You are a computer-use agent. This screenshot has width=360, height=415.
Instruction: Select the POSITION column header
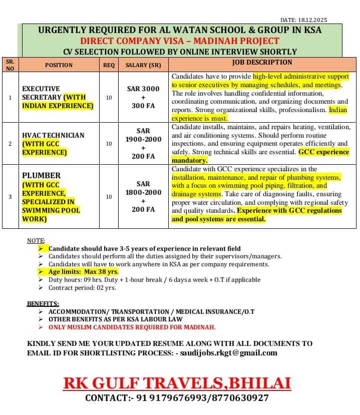tap(59, 65)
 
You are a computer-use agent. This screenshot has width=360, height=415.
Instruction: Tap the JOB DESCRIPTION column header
tap(262, 63)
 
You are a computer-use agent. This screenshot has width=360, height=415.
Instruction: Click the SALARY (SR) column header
tap(143, 65)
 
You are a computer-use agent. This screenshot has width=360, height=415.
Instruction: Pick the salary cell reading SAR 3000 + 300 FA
tap(143, 97)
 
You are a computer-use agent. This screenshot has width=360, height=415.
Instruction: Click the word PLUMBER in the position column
tap(41, 176)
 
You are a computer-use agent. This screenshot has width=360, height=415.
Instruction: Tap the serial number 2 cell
tap(10, 144)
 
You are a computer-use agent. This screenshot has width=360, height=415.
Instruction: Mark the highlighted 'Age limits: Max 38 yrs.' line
tap(83, 271)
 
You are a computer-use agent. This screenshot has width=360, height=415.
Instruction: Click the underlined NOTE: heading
tap(36, 241)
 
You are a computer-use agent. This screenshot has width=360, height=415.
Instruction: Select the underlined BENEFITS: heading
tap(43, 303)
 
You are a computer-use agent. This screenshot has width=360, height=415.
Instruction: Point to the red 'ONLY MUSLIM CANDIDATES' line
tap(132, 327)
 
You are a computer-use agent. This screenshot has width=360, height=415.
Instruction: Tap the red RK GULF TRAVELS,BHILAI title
tap(177, 383)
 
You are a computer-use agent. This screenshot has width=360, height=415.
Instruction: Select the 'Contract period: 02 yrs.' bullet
tap(83, 287)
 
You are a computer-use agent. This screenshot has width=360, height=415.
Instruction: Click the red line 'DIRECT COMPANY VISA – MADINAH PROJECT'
tap(180, 41)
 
